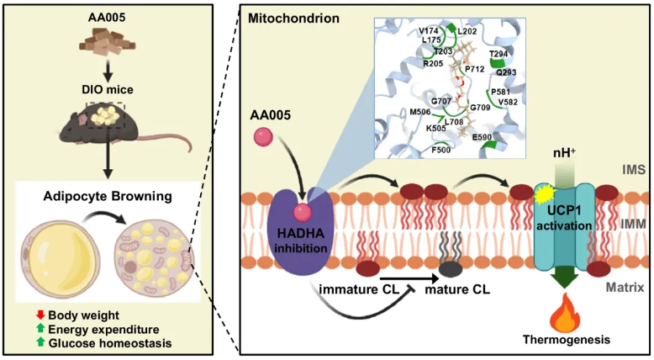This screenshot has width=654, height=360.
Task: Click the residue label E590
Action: pyautogui.click(x=483, y=136)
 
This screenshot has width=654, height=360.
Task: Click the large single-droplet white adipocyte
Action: pyautogui.click(x=59, y=255)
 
